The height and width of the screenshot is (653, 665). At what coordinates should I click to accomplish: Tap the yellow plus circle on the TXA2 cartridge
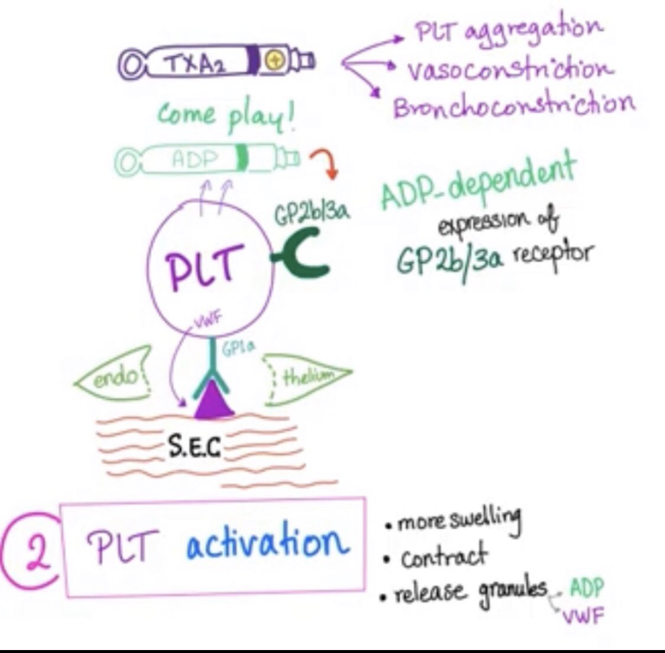pos(275,60)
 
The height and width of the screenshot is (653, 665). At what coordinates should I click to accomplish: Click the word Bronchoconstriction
pos(514,106)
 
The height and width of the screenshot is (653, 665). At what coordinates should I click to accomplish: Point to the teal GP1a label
pos(239,349)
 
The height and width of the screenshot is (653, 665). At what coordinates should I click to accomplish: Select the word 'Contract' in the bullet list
pos(444,557)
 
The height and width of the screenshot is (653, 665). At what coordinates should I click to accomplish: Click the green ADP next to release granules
pos(586,587)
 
